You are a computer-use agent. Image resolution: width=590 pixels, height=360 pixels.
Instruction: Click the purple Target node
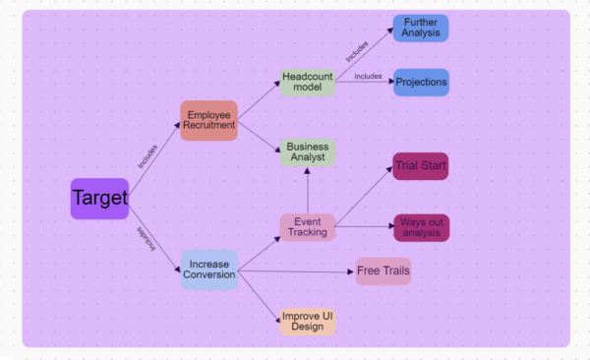point(99,199)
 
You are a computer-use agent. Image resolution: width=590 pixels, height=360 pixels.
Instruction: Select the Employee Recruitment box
point(208,120)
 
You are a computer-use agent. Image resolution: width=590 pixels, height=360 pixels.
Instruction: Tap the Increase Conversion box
point(209,270)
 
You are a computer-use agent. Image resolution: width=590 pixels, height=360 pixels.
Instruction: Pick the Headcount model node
point(308,82)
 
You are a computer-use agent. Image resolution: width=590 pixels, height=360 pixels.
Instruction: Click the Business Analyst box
point(308,152)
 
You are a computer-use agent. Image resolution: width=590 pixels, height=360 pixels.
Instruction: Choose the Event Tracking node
point(307,226)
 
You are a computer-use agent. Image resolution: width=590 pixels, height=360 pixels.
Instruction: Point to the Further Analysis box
point(420,28)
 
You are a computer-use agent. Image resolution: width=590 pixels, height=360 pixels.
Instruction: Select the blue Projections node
point(421,83)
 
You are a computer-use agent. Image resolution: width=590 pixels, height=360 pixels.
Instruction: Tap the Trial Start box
point(420,166)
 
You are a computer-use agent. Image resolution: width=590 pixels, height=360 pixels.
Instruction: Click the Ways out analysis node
point(421,228)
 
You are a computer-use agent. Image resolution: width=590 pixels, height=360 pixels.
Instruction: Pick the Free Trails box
point(383,271)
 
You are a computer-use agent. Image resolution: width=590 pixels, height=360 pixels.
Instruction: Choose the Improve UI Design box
point(308,321)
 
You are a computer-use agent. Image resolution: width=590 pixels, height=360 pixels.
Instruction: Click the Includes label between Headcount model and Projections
point(368,76)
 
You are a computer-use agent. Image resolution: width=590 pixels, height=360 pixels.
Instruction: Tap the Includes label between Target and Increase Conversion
point(147,239)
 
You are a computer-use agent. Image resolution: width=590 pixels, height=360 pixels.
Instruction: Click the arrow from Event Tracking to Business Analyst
point(308,190)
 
